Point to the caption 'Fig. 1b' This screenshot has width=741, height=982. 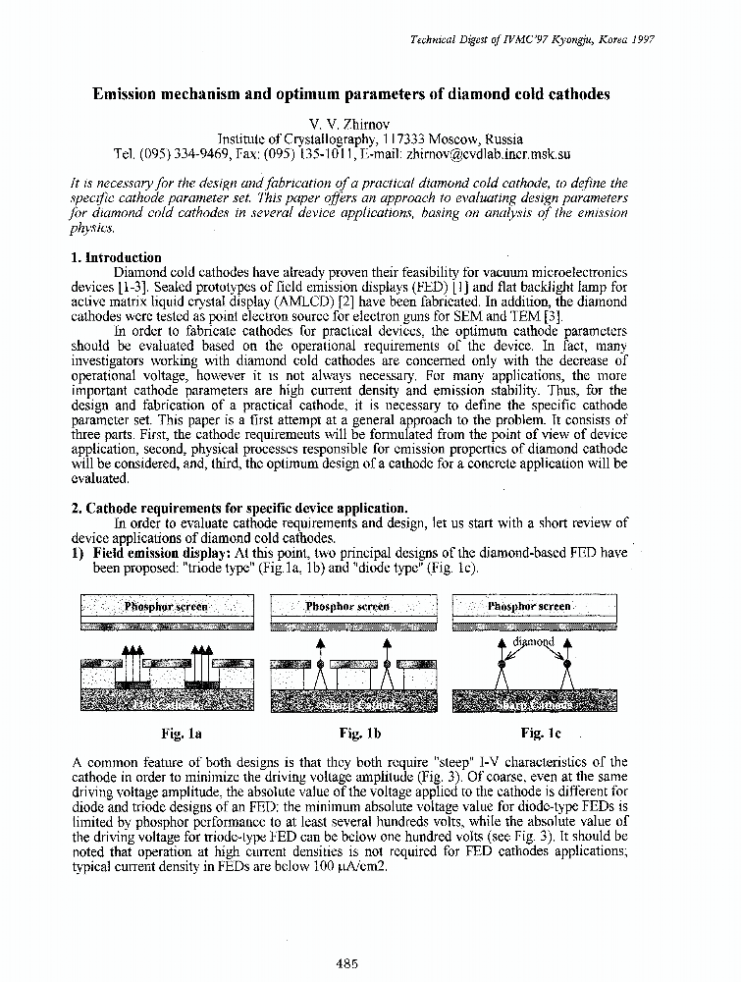coord(358,733)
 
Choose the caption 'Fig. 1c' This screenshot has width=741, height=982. coord(540,733)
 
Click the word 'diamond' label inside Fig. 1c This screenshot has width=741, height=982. coord(534,642)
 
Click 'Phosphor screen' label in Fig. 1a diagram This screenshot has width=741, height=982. coord(165,607)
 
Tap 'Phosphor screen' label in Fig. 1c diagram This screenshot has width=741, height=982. coord(529,607)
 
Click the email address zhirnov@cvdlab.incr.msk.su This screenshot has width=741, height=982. coord(489,154)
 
